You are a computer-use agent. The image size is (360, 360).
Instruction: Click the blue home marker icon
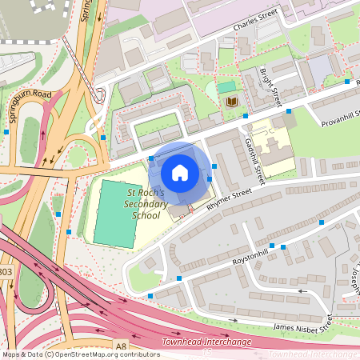(x=180, y=173)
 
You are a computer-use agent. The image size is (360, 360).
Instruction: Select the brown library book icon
(x=232, y=102)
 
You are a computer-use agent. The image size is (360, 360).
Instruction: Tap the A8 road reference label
(x=121, y=345)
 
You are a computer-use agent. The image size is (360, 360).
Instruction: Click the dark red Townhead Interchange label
(x=206, y=342)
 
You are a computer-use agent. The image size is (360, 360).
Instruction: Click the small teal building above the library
(x=227, y=86)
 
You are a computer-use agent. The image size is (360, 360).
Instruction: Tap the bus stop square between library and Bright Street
(x=245, y=116)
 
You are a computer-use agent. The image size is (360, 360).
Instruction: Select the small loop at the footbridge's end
(x=99, y=94)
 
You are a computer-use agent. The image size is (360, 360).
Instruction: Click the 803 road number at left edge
(x=6, y=272)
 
